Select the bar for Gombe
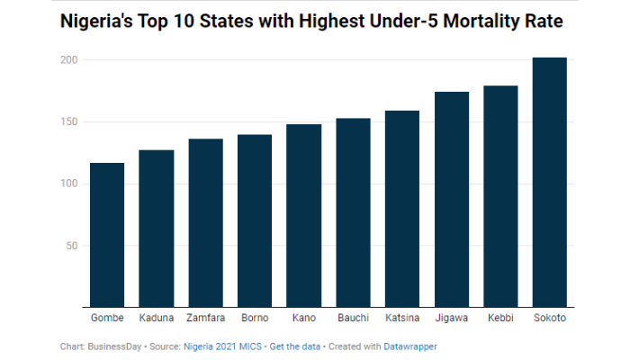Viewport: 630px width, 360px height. pyautogui.click(x=107, y=235)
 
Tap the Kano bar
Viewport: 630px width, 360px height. pyautogui.click(x=304, y=216)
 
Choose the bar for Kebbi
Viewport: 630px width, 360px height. pyautogui.click(x=501, y=197)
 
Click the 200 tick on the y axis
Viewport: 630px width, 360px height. pyautogui.click(x=69, y=60)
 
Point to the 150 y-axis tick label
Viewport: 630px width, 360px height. pyautogui.click(x=69, y=122)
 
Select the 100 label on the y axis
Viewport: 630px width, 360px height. pyautogui.click(x=69, y=184)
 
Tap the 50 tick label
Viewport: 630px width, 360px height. pyautogui.click(x=72, y=246)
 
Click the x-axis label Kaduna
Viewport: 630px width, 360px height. pyautogui.click(x=156, y=319)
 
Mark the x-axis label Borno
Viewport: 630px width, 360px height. pyautogui.click(x=255, y=319)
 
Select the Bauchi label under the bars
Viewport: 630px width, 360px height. pyautogui.click(x=353, y=319)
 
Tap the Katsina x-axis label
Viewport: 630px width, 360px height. pyautogui.click(x=402, y=319)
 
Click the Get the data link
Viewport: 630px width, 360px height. pyautogui.click(x=296, y=346)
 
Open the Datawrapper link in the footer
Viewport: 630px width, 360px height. pyautogui.click(x=410, y=346)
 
